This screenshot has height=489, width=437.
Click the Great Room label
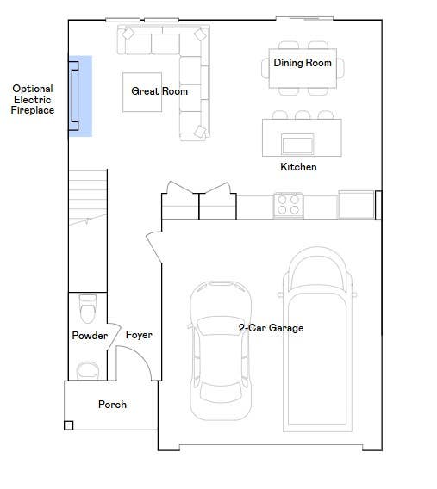tap(159, 91)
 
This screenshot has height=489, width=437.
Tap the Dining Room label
tap(303, 63)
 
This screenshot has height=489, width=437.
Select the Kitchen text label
tap(298, 167)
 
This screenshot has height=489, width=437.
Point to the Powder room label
tap(90, 336)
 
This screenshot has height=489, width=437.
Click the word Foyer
tap(139, 335)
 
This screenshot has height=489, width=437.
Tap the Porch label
tap(112, 405)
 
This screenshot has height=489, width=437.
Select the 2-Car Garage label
tap(271, 328)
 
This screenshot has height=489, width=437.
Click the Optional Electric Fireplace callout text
tap(33, 99)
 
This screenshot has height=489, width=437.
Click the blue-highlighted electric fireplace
tap(80, 96)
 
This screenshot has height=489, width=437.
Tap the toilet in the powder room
tap(88, 308)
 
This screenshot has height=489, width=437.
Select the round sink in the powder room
tap(88, 370)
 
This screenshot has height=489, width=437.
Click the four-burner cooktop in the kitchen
tap(288, 205)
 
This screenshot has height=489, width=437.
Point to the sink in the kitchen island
tap(297, 144)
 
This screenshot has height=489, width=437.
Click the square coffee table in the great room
tap(142, 92)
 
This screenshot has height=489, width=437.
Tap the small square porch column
tap(69, 425)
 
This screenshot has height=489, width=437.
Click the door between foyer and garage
tap(154, 247)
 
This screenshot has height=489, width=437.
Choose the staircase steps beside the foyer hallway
tap(88, 197)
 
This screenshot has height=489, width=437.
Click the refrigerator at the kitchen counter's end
tap(356, 205)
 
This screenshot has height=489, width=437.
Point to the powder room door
tap(115, 336)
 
